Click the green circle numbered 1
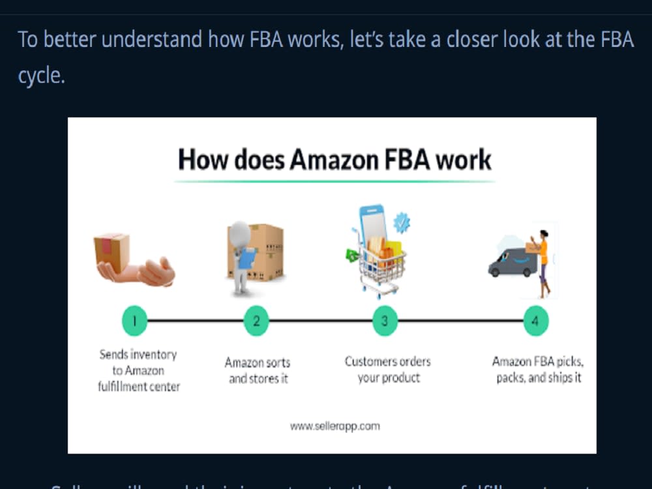click(134, 321)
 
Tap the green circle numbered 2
click(256, 321)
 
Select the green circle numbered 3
click(385, 321)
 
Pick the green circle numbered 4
click(535, 321)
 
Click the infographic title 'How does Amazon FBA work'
click(334, 159)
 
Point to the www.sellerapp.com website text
click(334, 426)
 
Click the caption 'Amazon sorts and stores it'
click(258, 370)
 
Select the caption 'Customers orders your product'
click(388, 369)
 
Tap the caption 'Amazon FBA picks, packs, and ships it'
click(538, 369)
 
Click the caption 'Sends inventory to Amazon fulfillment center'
click(138, 370)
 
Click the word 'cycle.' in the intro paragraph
click(41, 76)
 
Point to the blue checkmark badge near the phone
click(402, 223)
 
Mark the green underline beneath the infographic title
click(334, 181)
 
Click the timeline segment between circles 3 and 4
click(460, 321)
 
